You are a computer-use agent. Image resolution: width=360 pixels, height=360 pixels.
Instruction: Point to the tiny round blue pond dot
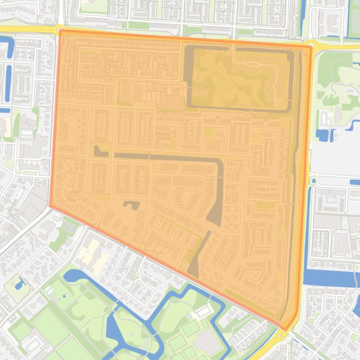point(64,295)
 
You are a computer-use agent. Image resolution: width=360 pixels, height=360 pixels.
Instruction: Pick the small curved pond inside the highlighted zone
point(132,204)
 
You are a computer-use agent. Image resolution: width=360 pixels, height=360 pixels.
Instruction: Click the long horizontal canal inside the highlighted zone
point(164,158)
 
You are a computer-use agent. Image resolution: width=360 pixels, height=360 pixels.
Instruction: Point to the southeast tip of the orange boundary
point(284,329)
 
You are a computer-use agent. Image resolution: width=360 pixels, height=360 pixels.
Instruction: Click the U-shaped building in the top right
point(333,21)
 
